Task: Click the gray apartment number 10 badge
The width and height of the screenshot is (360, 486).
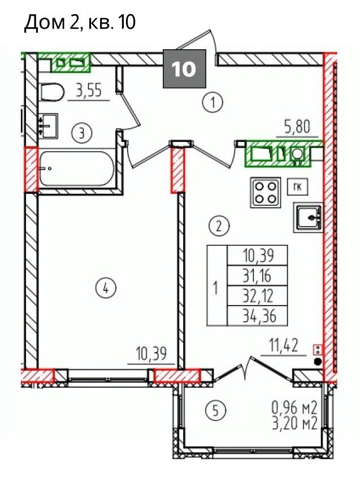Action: [184, 68]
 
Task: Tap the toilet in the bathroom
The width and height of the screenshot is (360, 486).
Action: [52, 92]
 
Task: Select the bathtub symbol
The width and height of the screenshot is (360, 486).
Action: [77, 168]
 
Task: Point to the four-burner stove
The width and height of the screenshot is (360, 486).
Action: [266, 192]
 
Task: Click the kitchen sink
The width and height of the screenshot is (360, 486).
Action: [307, 218]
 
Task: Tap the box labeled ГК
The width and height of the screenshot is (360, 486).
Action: [297, 187]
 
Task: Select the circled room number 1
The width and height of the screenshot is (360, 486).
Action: [212, 103]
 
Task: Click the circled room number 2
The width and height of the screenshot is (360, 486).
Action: [219, 225]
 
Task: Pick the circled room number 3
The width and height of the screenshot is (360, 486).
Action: [82, 133]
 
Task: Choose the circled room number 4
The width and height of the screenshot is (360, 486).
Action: [106, 289]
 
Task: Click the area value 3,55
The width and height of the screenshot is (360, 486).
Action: [89, 92]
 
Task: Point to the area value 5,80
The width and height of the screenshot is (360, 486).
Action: [297, 127]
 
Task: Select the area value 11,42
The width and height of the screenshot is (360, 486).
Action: [284, 346]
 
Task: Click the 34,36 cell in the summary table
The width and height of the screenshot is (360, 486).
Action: [258, 316]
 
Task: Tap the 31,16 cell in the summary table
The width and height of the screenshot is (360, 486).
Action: [258, 276]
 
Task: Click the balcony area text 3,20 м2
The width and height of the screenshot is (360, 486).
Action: [294, 423]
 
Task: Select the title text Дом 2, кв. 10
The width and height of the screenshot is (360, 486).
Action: [80, 22]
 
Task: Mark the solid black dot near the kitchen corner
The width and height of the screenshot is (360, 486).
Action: [317, 361]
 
